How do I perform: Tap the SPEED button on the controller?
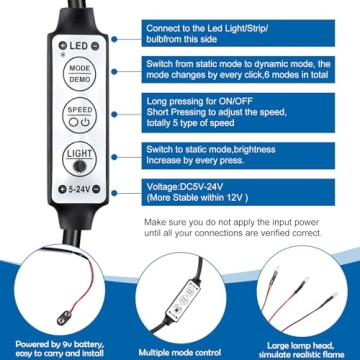(x=80, y=115)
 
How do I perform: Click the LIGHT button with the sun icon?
(x=79, y=159)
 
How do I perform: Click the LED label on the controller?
(x=79, y=46)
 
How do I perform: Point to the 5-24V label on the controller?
(x=79, y=190)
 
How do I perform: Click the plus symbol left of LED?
(x=63, y=46)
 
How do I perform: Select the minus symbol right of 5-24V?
(x=96, y=189)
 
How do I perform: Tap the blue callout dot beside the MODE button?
(x=114, y=71)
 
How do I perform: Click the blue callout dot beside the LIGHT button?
(x=114, y=157)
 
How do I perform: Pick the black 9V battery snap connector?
(x=64, y=317)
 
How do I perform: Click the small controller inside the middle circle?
(x=183, y=297)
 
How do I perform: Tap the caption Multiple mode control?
(x=180, y=352)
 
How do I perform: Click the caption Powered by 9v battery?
(x=60, y=344)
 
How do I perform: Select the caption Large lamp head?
(x=301, y=346)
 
